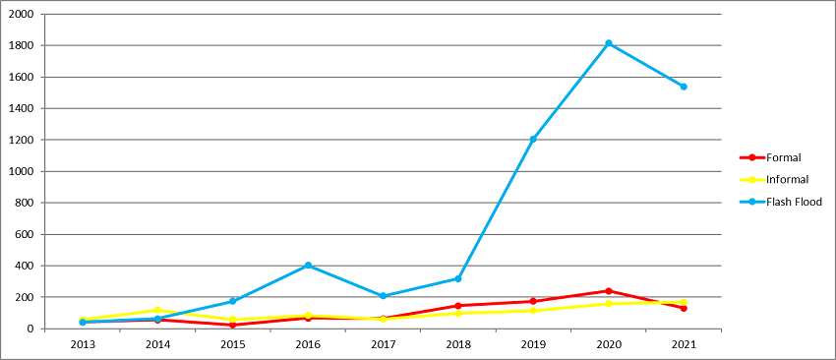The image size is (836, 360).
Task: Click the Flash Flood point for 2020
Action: (609, 43)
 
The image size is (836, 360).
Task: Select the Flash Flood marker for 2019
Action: (533, 139)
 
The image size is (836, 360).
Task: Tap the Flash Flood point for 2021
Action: (684, 87)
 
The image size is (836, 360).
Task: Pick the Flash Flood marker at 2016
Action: (308, 266)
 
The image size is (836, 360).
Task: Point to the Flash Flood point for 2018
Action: (458, 278)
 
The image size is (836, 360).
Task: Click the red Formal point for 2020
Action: (609, 291)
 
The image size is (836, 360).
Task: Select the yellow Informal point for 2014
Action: (157, 310)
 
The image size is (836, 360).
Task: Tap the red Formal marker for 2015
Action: (232, 325)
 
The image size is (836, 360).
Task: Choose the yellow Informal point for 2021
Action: (684, 302)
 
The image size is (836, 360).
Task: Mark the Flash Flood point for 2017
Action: (383, 296)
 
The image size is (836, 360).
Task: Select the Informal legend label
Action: (788, 180)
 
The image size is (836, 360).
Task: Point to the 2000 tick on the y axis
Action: (21, 14)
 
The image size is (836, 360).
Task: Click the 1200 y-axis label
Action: (21, 140)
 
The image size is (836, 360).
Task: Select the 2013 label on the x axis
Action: (82, 343)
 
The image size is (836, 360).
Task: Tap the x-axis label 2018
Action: (458, 343)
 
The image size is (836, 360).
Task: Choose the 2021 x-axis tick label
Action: (684, 343)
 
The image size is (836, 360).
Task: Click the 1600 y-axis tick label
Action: (21, 77)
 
